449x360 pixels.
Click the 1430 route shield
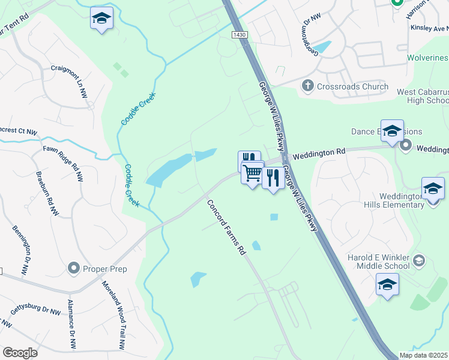[240, 35]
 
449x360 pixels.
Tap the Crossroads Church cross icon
[307, 86]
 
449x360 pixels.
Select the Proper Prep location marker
[74, 269]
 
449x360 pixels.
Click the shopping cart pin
[253, 174]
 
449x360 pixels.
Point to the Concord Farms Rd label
[227, 227]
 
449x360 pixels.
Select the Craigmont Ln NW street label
[77, 82]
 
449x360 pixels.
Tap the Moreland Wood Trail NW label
[113, 315]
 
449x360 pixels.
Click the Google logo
[20, 352]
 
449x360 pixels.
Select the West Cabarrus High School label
[422, 96]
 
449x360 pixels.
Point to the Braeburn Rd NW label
[47, 193]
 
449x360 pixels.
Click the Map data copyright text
[423, 355]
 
